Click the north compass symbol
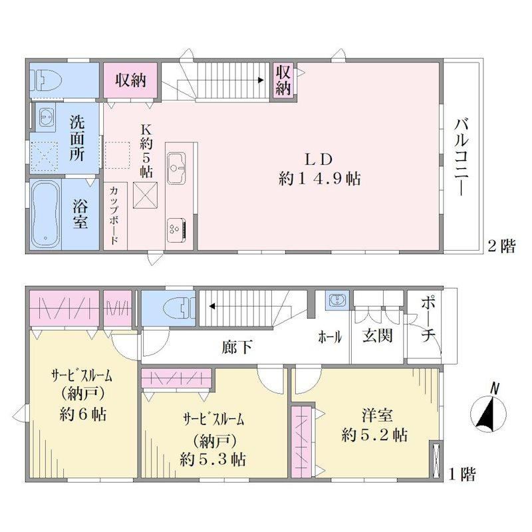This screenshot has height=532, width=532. tap(488, 413)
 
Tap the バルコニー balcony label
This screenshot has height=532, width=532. tap(462, 156)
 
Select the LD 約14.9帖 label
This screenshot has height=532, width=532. tap(319, 169)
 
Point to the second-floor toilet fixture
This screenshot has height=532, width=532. tap(46, 80)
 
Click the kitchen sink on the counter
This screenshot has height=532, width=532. tap(176, 168)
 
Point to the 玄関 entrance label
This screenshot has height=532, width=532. tap(377, 335)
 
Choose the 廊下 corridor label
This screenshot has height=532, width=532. tap(237, 346)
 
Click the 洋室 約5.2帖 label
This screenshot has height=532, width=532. tap(374, 425)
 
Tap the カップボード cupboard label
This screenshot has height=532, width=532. tap(114, 215)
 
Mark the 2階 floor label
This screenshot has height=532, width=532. tap(501, 245)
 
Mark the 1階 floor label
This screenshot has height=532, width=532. tap(462, 474)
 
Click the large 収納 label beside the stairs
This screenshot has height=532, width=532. tap(130, 80)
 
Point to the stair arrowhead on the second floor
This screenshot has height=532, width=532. tap(261, 80)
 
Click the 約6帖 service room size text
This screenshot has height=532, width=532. tap(82, 414)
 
